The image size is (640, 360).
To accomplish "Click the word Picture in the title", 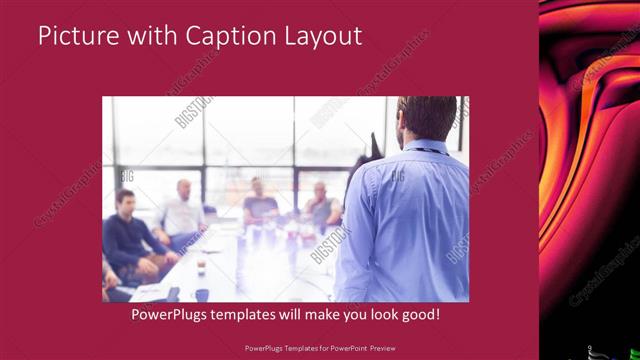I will point(72,37).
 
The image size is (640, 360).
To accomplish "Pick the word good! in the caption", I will point(419,314).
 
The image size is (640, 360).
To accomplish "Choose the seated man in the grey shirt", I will point(321,205).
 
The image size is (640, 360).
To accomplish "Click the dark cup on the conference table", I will point(202,294).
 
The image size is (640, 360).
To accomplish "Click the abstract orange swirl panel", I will point(589,150).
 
